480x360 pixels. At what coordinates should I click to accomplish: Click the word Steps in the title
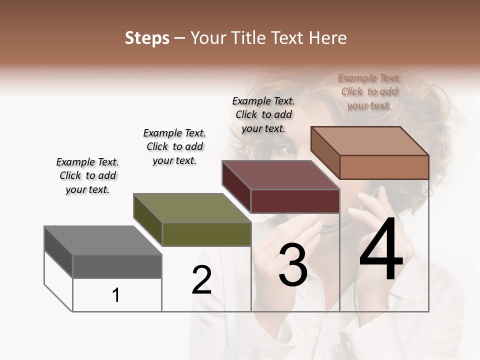(x=147, y=38)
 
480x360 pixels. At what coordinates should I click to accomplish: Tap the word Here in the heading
(x=327, y=38)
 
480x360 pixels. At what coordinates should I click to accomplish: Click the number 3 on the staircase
(x=293, y=265)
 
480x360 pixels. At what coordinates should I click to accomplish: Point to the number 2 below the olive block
(x=201, y=280)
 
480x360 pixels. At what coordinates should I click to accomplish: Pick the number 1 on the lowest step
(x=116, y=295)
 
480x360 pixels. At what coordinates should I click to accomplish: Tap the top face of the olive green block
(x=192, y=208)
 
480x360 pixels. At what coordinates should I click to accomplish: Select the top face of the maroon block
(x=280, y=175)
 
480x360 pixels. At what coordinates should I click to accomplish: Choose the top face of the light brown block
(x=369, y=141)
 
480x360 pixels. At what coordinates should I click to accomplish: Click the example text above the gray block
(x=87, y=175)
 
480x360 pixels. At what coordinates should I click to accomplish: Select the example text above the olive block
(x=174, y=146)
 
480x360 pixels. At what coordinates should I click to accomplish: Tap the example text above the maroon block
(x=263, y=114)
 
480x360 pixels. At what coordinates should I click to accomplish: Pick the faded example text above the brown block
(x=369, y=91)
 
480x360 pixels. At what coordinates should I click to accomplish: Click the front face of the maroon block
(x=295, y=201)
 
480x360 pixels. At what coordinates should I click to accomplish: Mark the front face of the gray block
(x=117, y=266)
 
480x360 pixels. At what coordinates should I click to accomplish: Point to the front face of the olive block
(x=206, y=234)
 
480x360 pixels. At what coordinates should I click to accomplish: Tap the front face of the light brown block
(x=384, y=167)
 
